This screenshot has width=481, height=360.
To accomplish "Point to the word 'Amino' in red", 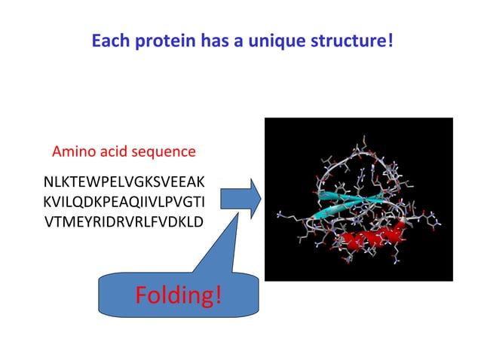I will click(72, 151).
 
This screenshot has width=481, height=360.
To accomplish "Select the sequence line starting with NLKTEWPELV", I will click(124, 182).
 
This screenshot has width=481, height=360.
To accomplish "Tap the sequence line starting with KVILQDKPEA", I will click(124, 202).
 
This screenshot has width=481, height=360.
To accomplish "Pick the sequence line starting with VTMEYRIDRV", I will click(124, 221).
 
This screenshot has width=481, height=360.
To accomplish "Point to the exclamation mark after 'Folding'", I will click(218, 296).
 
